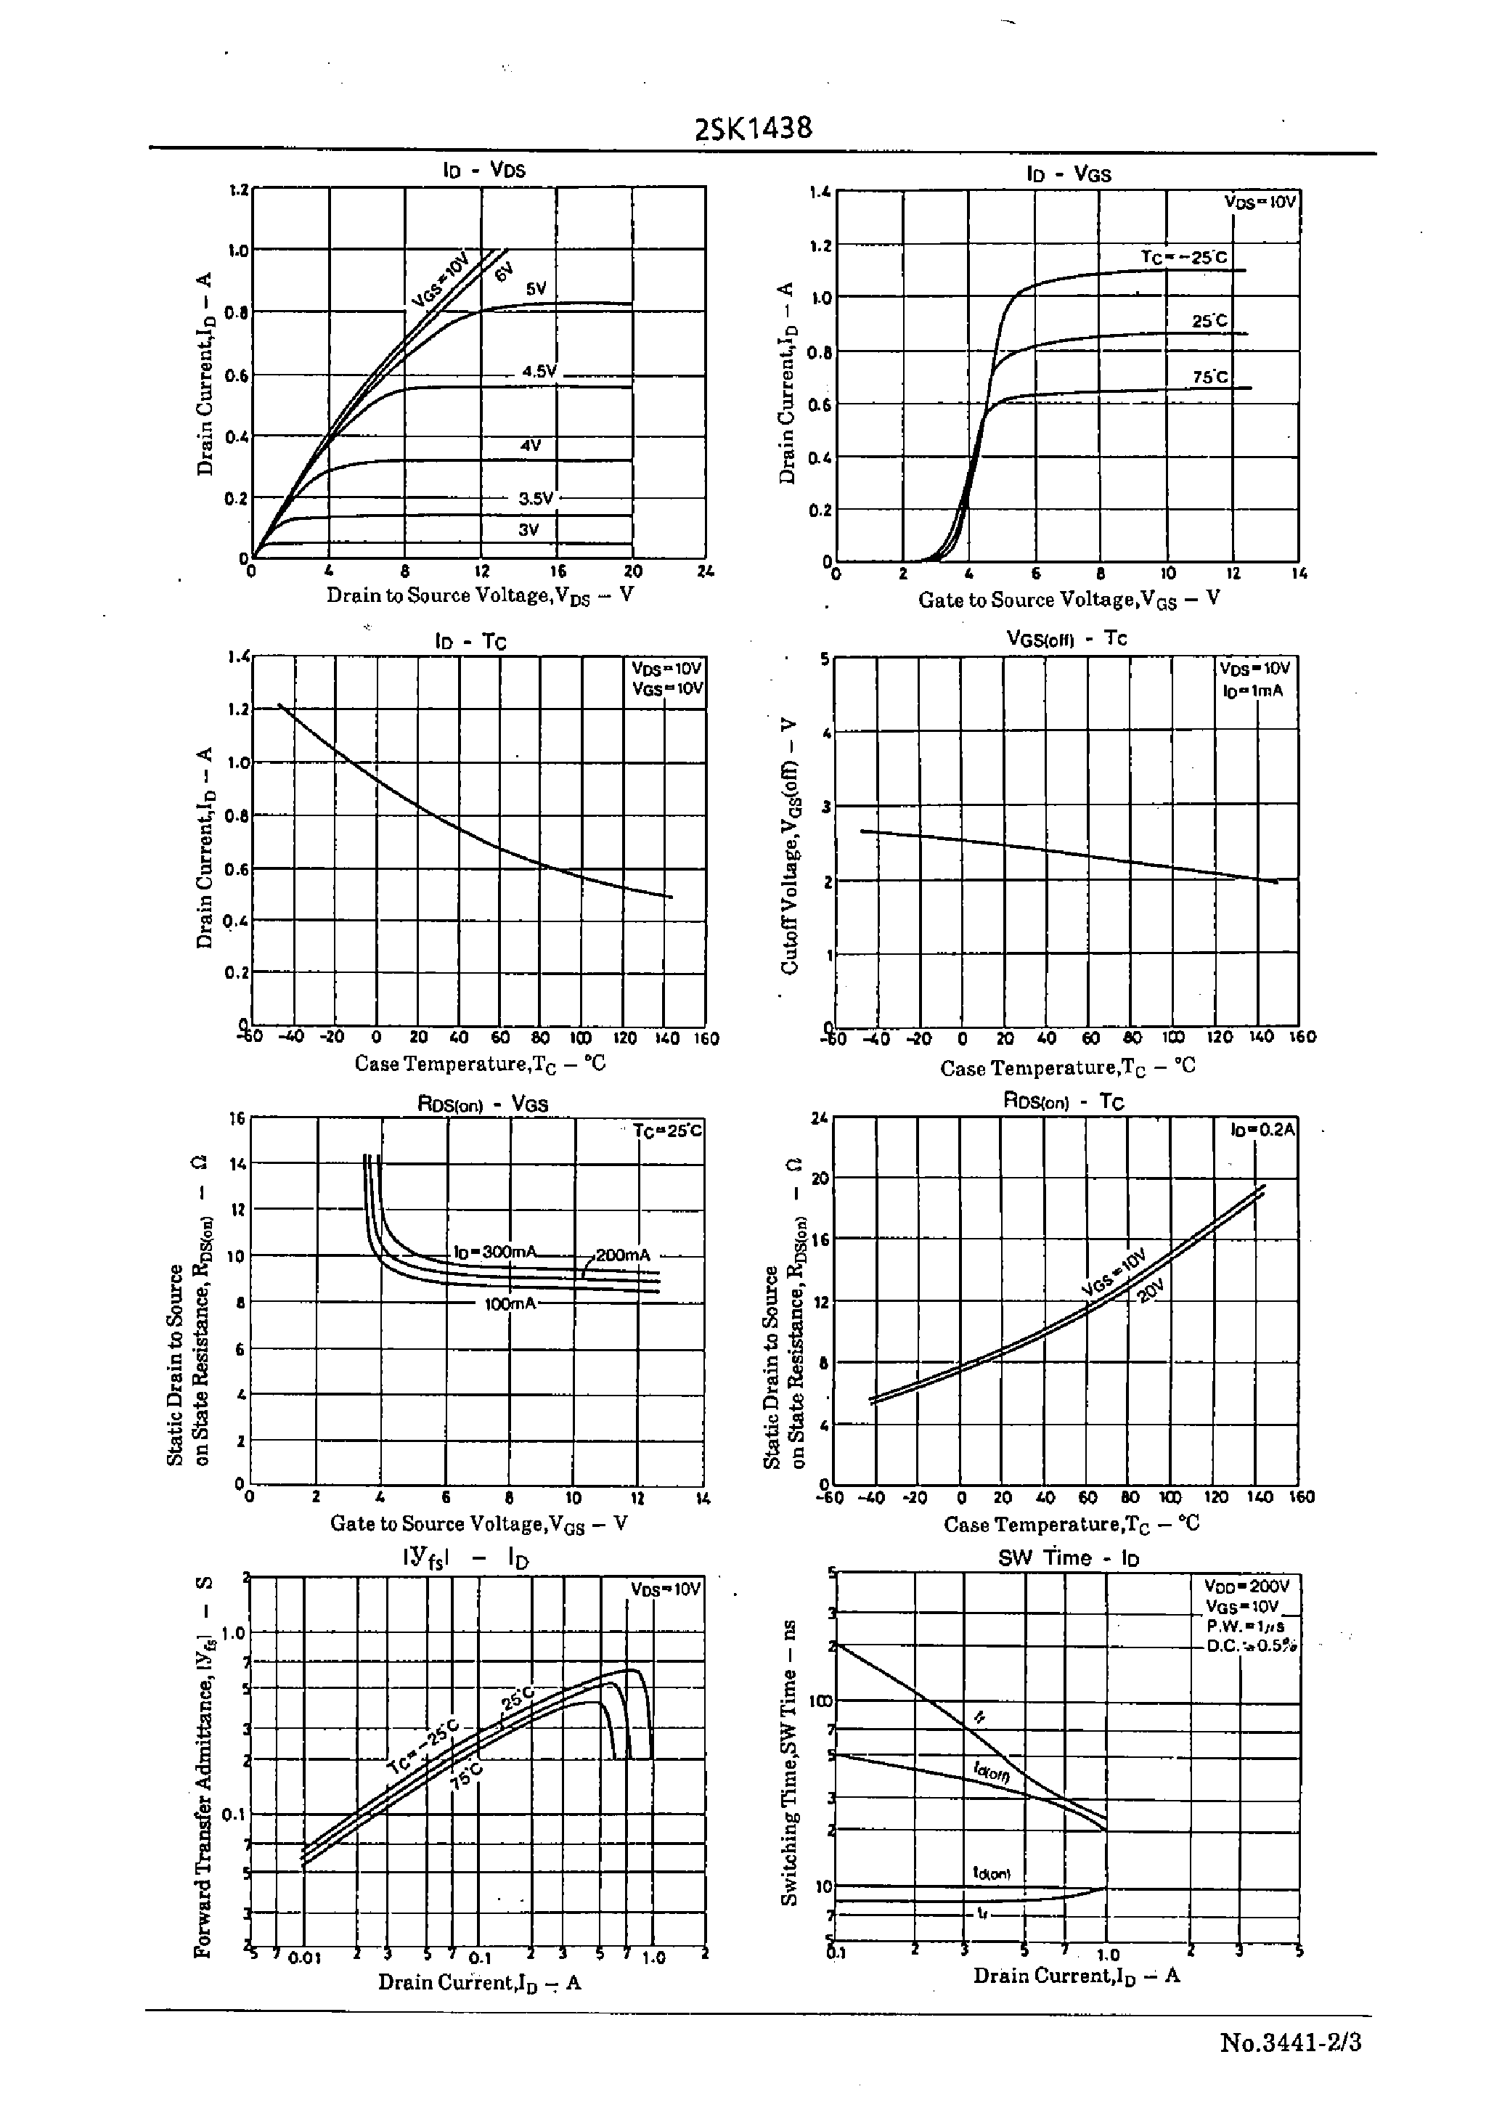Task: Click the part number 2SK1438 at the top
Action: pyautogui.click(x=753, y=129)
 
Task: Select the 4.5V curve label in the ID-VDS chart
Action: pyautogui.click(x=539, y=372)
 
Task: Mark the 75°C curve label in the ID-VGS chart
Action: pyautogui.click(x=1209, y=377)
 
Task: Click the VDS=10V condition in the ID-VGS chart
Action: pyautogui.click(x=1260, y=202)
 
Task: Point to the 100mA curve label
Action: pyautogui.click(x=510, y=1303)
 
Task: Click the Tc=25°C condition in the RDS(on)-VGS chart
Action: pyautogui.click(x=666, y=1131)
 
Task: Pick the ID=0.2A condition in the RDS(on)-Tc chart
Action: pyautogui.click(x=1262, y=1130)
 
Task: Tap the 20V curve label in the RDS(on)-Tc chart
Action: pyautogui.click(x=1151, y=1292)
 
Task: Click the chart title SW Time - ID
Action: pyautogui.click(x=1069, y=1557)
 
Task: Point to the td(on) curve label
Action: pyautogui.click(x=991, y=1873)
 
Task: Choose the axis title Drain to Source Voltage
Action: pyautogui.click(x=480, y=595)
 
